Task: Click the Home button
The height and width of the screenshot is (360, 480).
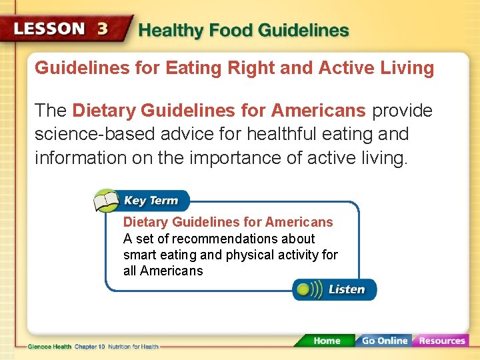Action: [326, 341]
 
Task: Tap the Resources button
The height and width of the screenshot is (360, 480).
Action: [441, 341]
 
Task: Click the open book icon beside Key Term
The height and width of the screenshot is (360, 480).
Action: [107, 200]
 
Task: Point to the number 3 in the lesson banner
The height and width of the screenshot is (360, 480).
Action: [103, 29]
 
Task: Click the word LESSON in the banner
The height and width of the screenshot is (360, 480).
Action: [49, 29]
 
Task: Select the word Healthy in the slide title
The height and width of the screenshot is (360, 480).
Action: [169, 31]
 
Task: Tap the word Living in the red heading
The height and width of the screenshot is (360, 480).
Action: [409, 68]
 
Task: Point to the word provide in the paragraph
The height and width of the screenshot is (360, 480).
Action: [402, 110]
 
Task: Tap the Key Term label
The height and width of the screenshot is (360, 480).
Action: [151, 200]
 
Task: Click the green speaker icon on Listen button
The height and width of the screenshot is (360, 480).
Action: [305, 289]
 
